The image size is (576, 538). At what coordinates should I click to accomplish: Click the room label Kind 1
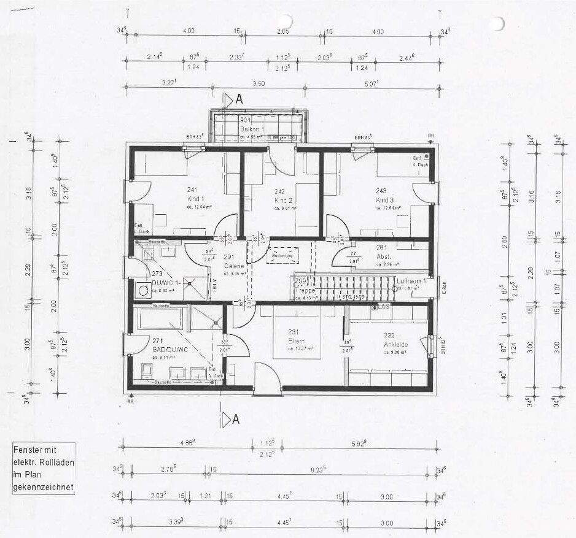[195, 200]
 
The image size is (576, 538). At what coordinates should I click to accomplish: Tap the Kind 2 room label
[282, 201]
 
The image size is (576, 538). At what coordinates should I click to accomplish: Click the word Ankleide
[396, 344]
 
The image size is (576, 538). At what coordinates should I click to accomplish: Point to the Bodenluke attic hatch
[282, 254]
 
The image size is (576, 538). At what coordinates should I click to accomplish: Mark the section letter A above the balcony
[239, 99]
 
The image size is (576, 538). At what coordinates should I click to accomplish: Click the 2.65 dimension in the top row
[282, 31]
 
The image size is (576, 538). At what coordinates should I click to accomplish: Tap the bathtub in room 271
[159, 320]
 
